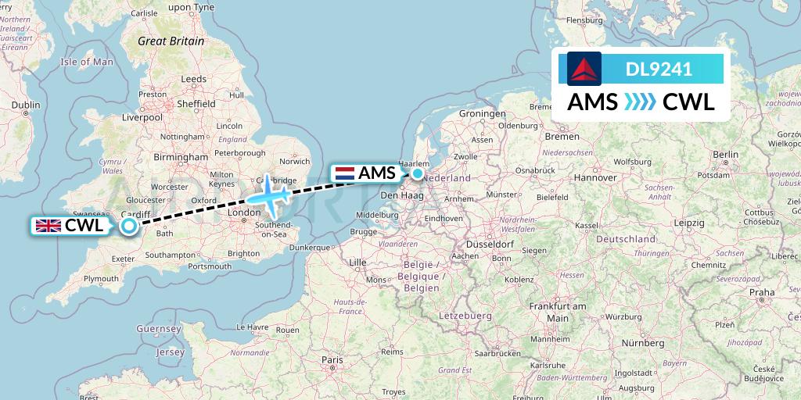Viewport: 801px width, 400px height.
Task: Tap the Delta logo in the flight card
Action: pyautogui.click(x=584, y=69)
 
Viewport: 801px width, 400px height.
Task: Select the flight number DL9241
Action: pyautogui.click(x=659, y=69)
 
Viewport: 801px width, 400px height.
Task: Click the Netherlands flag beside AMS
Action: pyautogui.click(x=344, y=173)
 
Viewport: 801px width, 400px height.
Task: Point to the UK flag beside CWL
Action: pyautogui.click(x=48, y=226)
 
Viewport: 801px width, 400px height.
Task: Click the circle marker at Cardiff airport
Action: pyautogui.click(x=129, y=226)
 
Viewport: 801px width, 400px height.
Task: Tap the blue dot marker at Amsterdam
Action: pyautogui.click(x=418, y=173)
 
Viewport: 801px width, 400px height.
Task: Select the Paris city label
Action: pyautogui.click(x=332, y=359)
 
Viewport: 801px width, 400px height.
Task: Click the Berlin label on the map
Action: pyautogui.click(x=725, y=155)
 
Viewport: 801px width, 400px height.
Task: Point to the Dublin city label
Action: pyautogui.click(x=26, y=104)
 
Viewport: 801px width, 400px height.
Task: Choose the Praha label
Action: pyautogui.click(x=761, y=292)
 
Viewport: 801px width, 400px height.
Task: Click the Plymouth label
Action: pyautogui.click(x=102, y=278)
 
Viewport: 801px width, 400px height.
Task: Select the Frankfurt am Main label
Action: pyautogui.click(x=557, y=312)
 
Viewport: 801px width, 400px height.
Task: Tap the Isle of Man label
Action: pyautogui.click(x=87, y=62)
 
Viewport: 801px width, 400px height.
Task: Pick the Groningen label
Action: pyautogui.click(x=482, y=113)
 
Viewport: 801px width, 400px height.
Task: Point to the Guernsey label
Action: pyautogui.click(x=159, y=329)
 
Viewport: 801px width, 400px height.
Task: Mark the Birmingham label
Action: pyautogui.click(x=181, y=157)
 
